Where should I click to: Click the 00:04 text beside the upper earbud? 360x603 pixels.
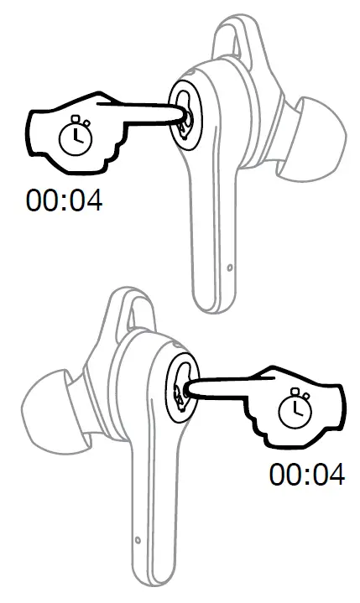click(x=65, y=201)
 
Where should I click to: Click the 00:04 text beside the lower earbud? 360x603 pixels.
click(x=306, y=475)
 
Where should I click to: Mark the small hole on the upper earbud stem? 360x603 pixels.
click(x=229, y=268)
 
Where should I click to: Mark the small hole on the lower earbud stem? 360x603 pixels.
click(x=135, y=538)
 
